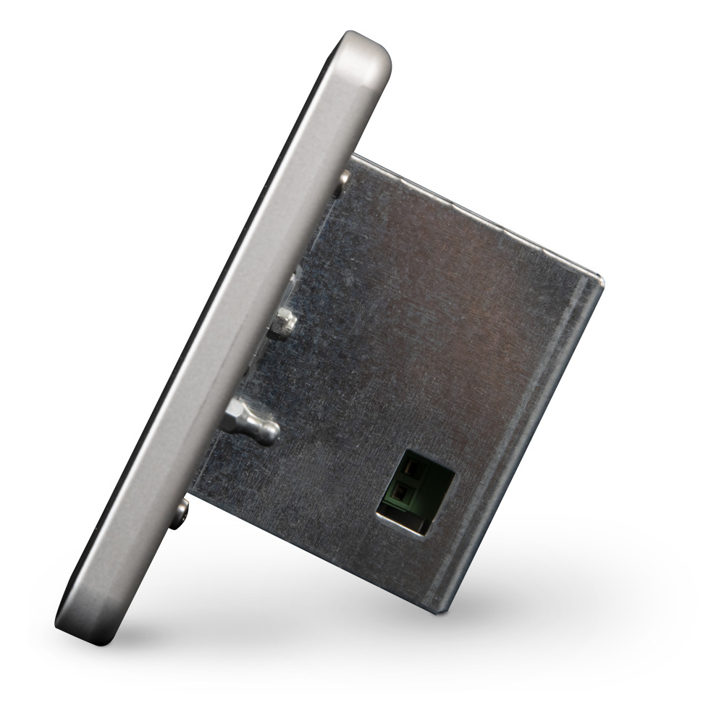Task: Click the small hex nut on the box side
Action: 284,321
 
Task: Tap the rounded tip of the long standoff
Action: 269,432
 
